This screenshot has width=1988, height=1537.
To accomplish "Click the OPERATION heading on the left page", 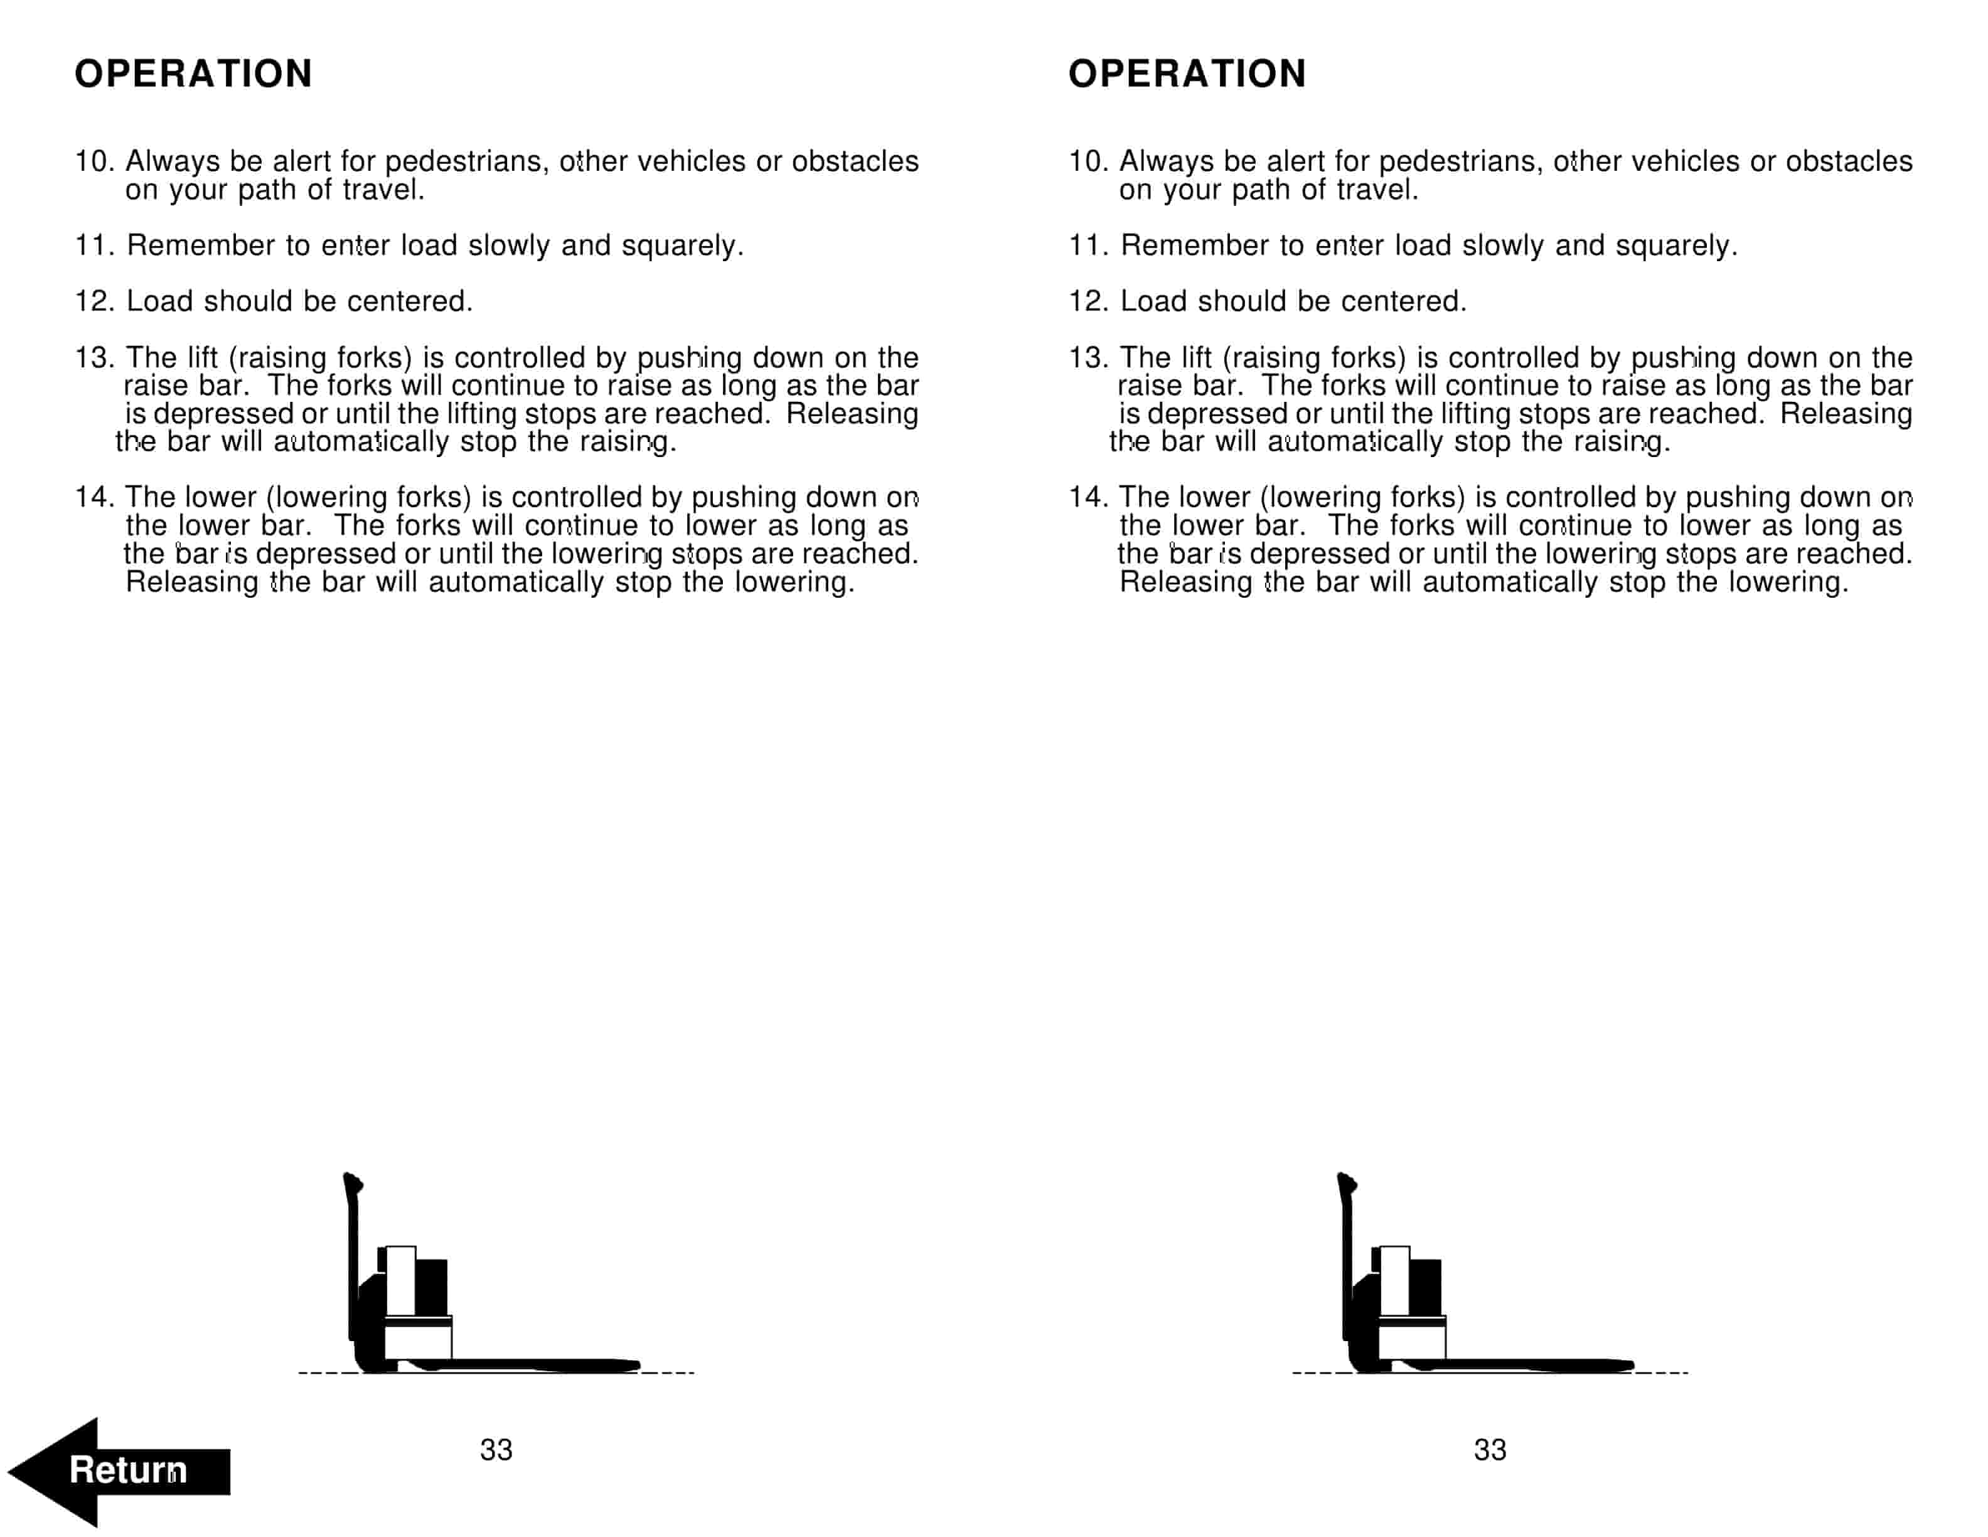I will (x=193, y=73).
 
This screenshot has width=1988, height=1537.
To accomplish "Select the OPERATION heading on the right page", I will (x=1187, y=73).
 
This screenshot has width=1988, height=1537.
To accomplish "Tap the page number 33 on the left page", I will (x=496, y=1450).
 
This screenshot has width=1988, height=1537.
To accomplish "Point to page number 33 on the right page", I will (x=1490, y=1450).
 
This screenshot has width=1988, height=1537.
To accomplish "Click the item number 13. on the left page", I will (x=95, y=358).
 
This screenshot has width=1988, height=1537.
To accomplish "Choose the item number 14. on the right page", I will (x=1089, y=497).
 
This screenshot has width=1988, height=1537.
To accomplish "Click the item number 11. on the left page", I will (x=95, y=246).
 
